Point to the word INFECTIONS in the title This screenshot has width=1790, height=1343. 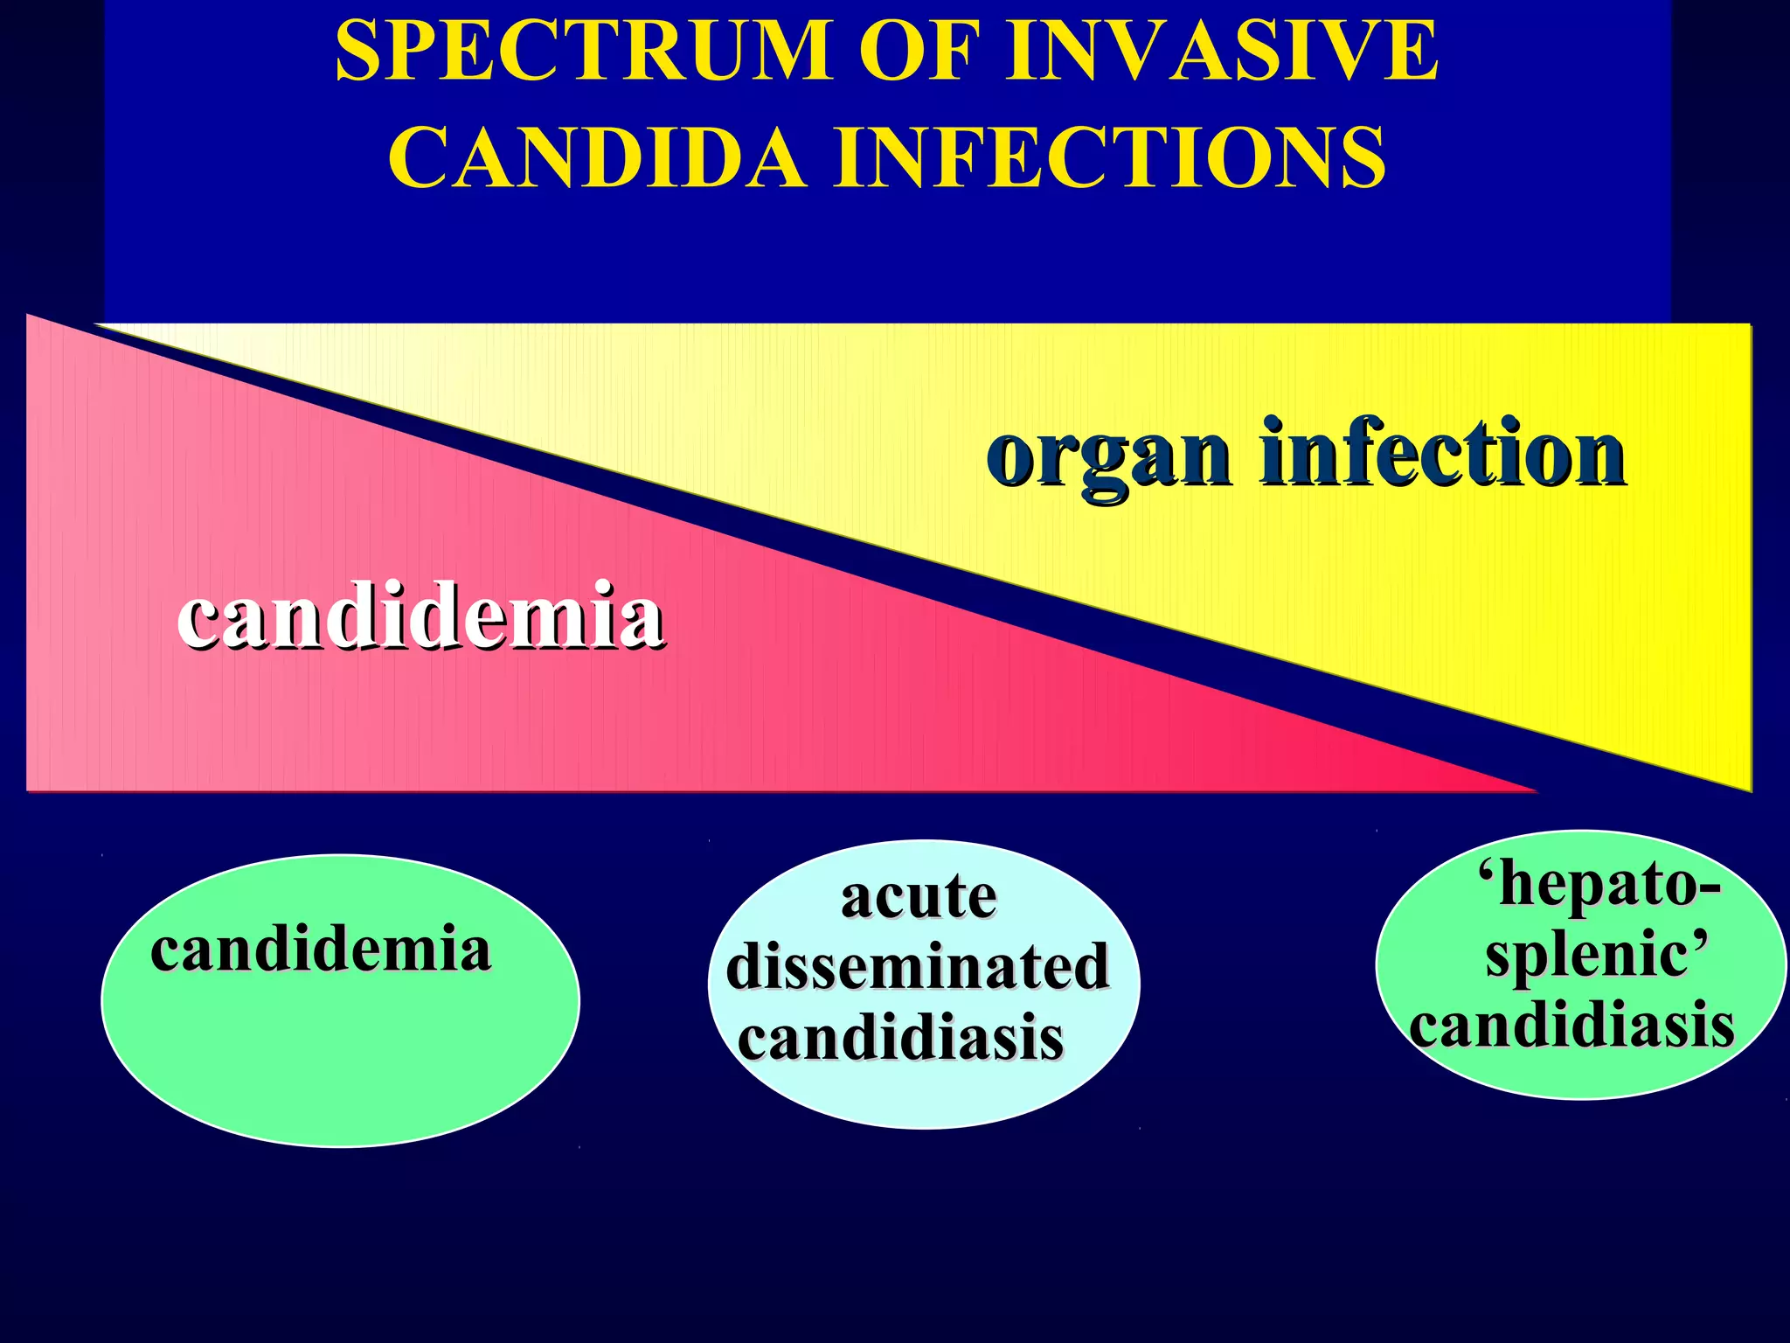click(1110, 157)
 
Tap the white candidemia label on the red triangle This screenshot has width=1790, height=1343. click(420, 617)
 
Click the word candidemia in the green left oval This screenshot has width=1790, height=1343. click(321, 950)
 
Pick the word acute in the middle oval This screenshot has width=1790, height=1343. click(918, 897)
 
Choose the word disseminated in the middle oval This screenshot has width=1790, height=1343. click(918, 967)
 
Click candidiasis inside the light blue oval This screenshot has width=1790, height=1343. click(900, 1039)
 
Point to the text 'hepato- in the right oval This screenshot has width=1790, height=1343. click(1599, 885)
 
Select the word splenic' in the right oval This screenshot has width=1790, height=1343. click(1596, 955)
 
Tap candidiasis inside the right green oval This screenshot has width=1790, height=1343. click(1571, 1026)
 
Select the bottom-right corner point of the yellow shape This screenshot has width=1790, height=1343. click(1750, 790)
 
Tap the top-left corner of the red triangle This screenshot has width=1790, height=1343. click(29, 316)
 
